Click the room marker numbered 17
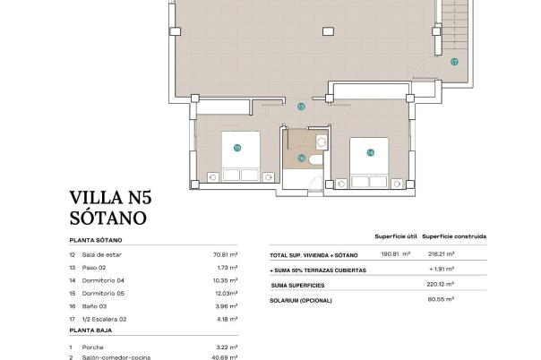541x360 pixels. pyautogui.click(x=454, y=62)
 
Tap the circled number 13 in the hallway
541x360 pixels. pyautogui.click(x=301, y=107)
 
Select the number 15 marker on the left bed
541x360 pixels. pyautogui.click(x=237, y=148)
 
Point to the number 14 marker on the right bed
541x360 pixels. pyautogui.click(x=370, y=152)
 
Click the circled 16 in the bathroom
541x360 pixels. pyautogui.click(x=301, y=159)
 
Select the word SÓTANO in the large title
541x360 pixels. pyautogui.click(x=107, y=217)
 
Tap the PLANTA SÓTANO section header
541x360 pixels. pyautogui.click(x=96, y=241)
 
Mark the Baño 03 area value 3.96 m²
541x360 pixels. pyautogui.click(x=228, y=305)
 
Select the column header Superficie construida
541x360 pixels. pyautogui.click(x=454, y=236)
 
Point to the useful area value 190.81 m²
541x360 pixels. pyautogui.click(x=395, y=254)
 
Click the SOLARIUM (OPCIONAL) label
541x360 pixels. pyautogui.click(x=301, y=299)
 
